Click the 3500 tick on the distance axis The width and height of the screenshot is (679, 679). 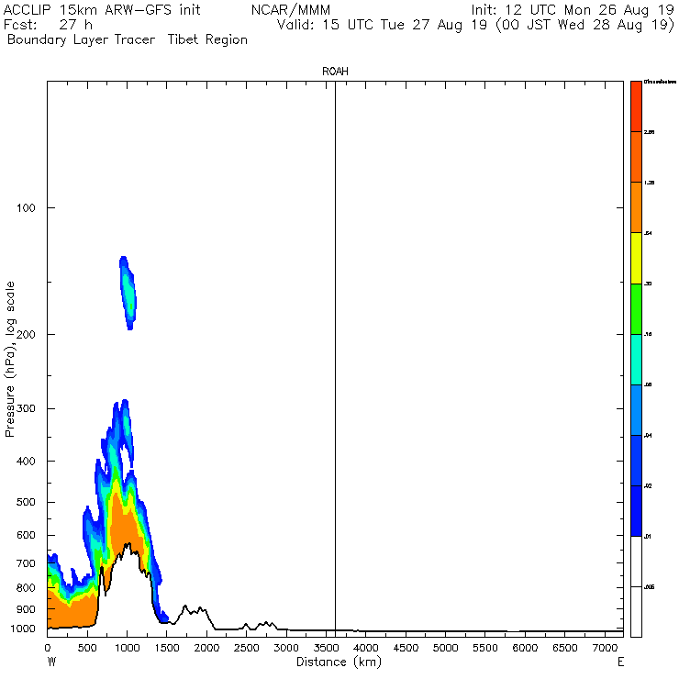pos(326,648)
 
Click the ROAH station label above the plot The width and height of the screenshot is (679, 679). pos(335,71)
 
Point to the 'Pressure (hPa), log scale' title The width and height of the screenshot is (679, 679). pos(10,359)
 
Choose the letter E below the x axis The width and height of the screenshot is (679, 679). pos(621,662)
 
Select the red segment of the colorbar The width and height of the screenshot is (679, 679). pos(636,106)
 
